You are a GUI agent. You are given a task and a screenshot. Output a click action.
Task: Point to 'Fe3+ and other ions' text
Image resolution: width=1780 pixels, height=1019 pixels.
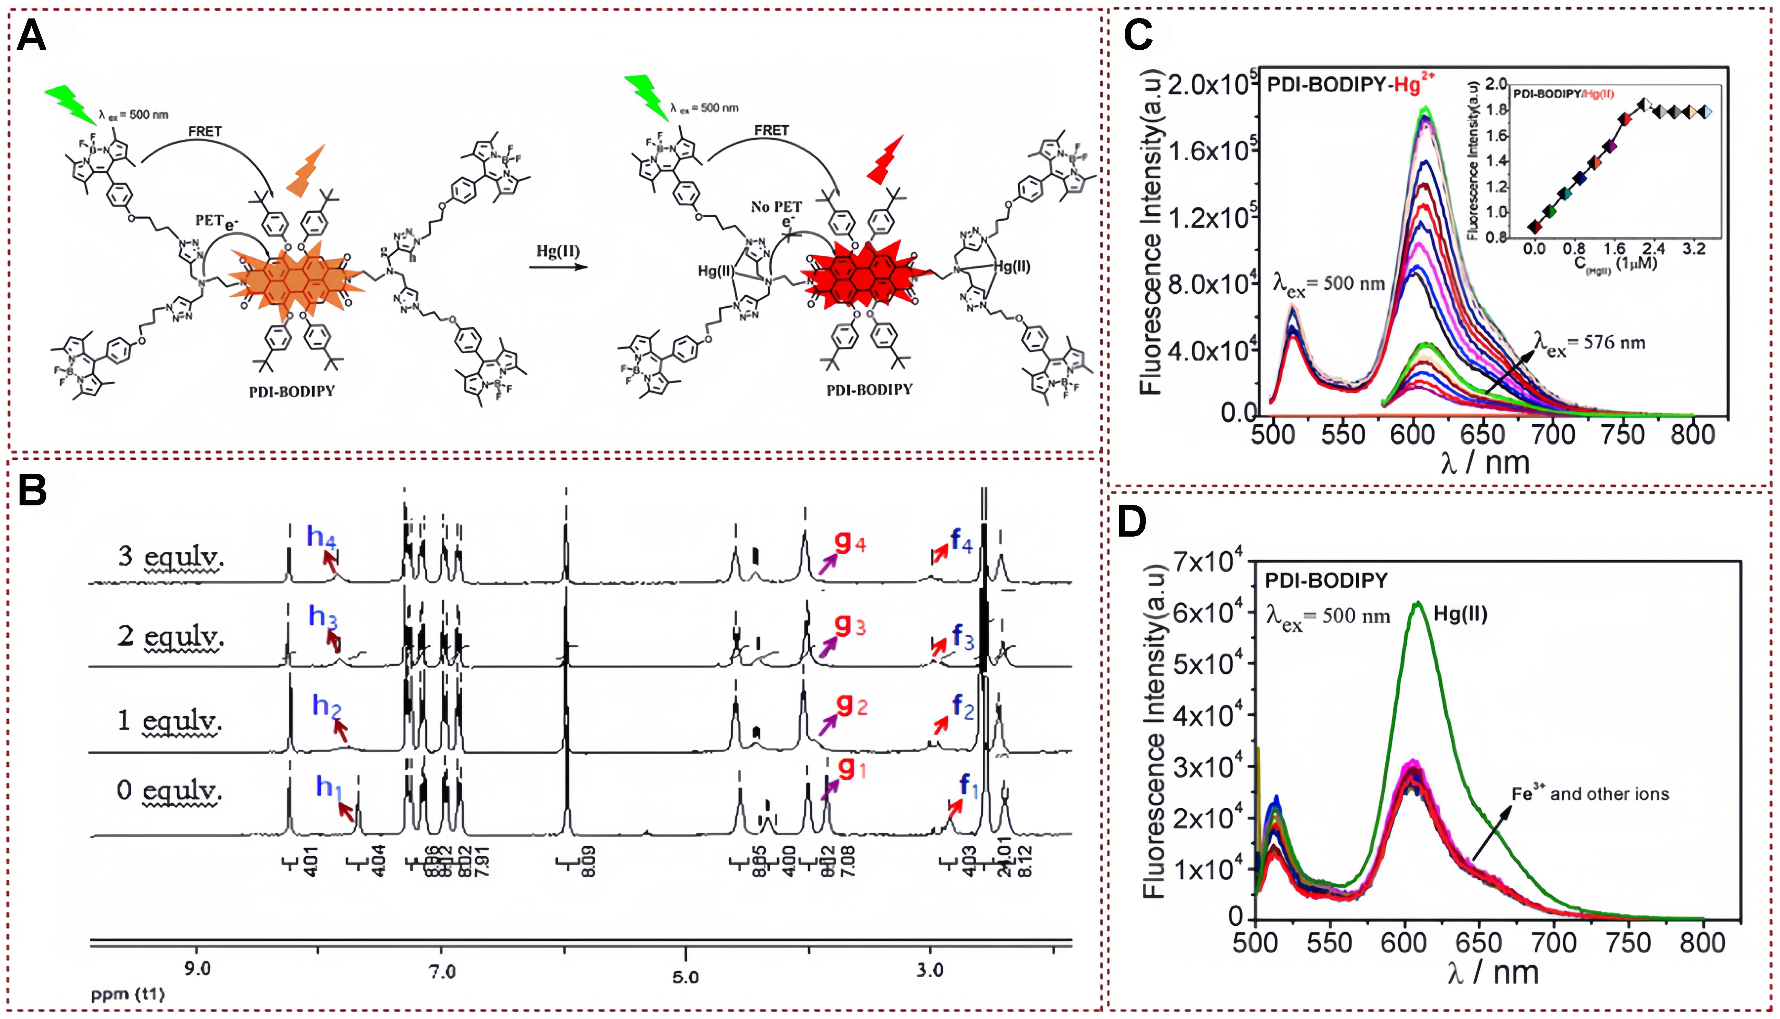(x=1590, y=794)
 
